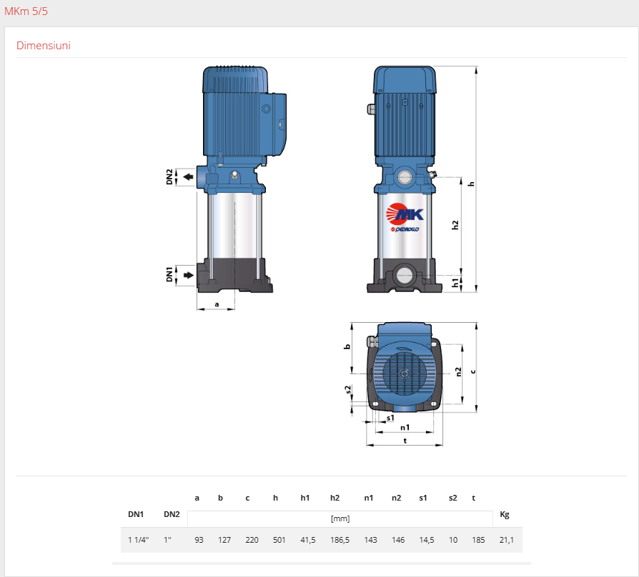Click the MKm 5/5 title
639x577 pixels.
click(x=26, y=11)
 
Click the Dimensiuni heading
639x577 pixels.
click(x=43, y=45)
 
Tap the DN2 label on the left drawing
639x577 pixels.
click(x=169, y=176)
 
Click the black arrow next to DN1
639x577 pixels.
click(x=188, y=275)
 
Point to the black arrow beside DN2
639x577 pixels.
click(x=188, y=176)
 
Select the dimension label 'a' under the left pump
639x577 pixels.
click(x=217, y=304)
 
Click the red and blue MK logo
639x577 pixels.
click(x=405, y=214)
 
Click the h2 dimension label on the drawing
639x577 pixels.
click(x=455, y=225)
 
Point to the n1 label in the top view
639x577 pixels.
click(x=405, y=427)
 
